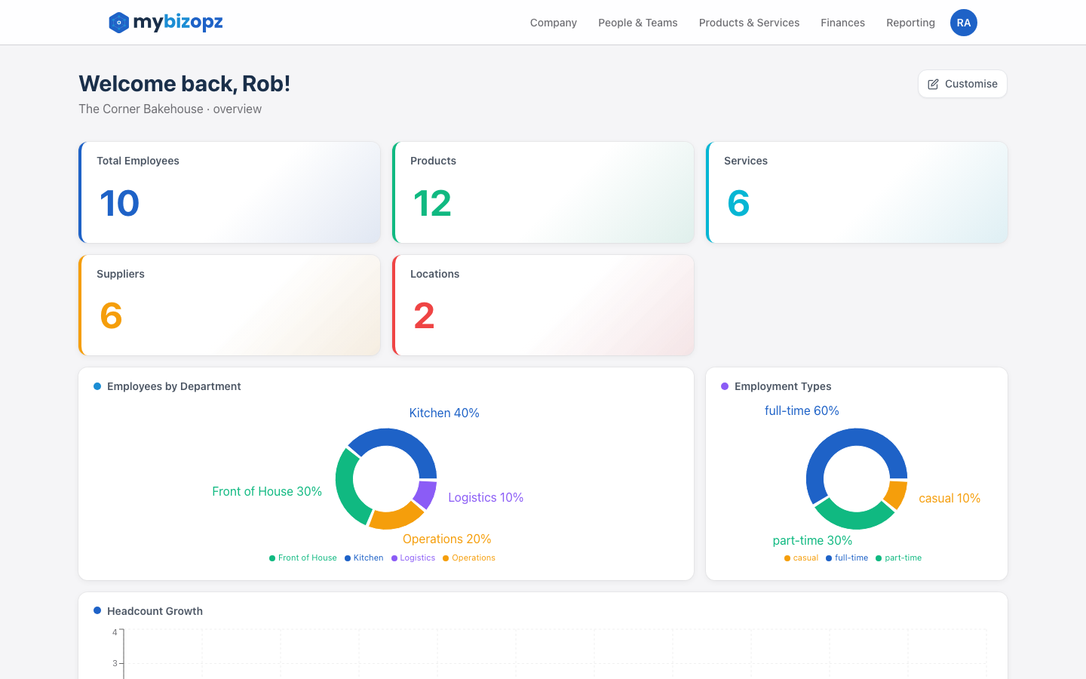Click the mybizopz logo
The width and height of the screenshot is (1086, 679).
pyautogui.click(x=166, y=23)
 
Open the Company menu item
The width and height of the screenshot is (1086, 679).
pyautogui.click(x=553, y=23)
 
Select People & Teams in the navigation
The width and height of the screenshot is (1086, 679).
pyautogui.click(x=637, y=23)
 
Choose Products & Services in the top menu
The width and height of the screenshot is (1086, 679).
pyautogui.click(x=749, y=23)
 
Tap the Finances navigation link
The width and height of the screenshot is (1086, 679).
pyautogui.click(x=842, y=23)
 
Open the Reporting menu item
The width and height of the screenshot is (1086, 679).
pyautogui.click(x=910, y=23)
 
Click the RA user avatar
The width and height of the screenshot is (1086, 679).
pyautogui.click(x=963, y=23)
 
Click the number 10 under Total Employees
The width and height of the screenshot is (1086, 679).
pyautogui.click(x=120, y=203)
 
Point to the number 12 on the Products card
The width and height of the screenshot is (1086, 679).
pyautogui.click(x=432, y=203)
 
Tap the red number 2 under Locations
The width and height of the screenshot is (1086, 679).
pyautogui.click(x=424, y=315)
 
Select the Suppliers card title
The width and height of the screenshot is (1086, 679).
pyautogui.click(x=121, y=274)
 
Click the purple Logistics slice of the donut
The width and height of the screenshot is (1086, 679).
pyautogui.click(x=425, y=494)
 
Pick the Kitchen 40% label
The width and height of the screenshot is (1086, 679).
pyautogui.click(x=444, y=413)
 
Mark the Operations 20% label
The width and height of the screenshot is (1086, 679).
pyautogui.click(x=446, y=539)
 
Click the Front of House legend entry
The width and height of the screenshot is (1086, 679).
pyautogui.click(x=303, y=558)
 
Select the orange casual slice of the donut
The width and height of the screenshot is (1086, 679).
pyautogui.click(x=896, y=494)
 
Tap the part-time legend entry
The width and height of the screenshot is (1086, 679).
pyautogui.click(x=899, y=558)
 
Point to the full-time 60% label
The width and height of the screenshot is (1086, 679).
pyautogui.click(x=802, y=410)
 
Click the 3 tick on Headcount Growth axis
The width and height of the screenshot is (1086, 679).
pyautogui.click(x=115, y=663)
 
